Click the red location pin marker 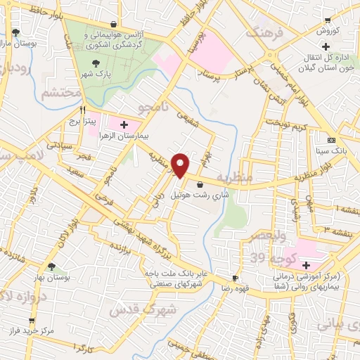pos(181,165)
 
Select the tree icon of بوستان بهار pos(51,266)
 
